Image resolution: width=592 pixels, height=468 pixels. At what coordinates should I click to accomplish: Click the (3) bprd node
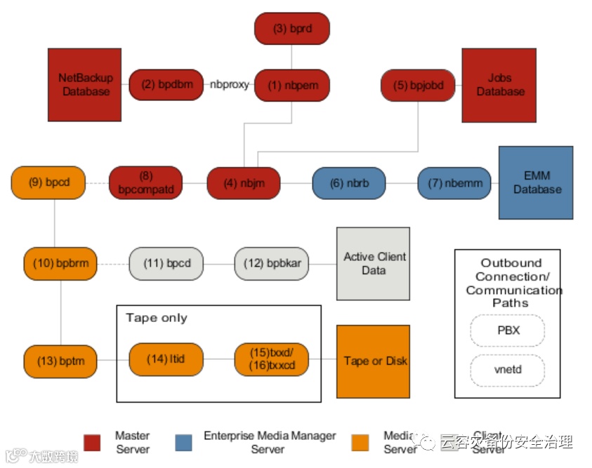click(291, 29)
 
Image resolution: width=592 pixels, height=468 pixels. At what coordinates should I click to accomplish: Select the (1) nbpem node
click(291, 85)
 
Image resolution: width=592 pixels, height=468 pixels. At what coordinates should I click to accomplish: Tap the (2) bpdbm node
click(166, 85)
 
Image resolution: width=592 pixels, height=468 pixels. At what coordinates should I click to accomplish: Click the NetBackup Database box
click(85, 84)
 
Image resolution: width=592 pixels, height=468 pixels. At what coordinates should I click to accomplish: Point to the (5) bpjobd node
click(418, 86)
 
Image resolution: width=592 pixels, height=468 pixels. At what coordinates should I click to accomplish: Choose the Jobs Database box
click(500, 85)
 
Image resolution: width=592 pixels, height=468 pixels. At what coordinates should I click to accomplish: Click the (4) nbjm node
click(243, 183)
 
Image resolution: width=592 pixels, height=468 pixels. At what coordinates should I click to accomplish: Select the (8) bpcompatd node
click(145, 183)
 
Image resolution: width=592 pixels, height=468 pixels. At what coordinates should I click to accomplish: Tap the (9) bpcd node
click(48, 182)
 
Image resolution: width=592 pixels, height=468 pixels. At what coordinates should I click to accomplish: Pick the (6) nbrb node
click(349, 183)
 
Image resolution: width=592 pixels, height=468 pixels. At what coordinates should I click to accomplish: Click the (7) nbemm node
click(454, 183)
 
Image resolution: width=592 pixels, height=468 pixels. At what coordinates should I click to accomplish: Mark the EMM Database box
click(537, 182)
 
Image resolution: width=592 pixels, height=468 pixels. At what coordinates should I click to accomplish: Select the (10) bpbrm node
click(60, 264)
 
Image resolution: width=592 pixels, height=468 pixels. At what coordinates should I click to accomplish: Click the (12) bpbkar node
click(272, 264)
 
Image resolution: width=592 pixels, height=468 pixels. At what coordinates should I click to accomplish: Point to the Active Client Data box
click(374, 263)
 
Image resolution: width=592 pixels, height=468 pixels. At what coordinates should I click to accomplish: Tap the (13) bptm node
click(60, 361)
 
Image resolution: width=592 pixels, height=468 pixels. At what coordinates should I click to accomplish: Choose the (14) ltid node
click(166, 359)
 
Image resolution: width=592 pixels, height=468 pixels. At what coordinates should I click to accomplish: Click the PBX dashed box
click(507, 330)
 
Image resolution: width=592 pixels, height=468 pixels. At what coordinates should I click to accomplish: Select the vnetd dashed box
click(507, 370)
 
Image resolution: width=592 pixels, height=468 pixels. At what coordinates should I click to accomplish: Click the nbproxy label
click(229, 85)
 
